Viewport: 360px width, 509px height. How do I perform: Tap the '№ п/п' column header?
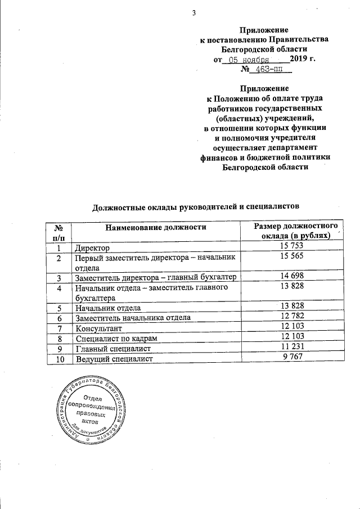click(x=58, y=232)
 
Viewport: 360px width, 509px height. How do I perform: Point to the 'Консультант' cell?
click(x=100, y=328)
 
